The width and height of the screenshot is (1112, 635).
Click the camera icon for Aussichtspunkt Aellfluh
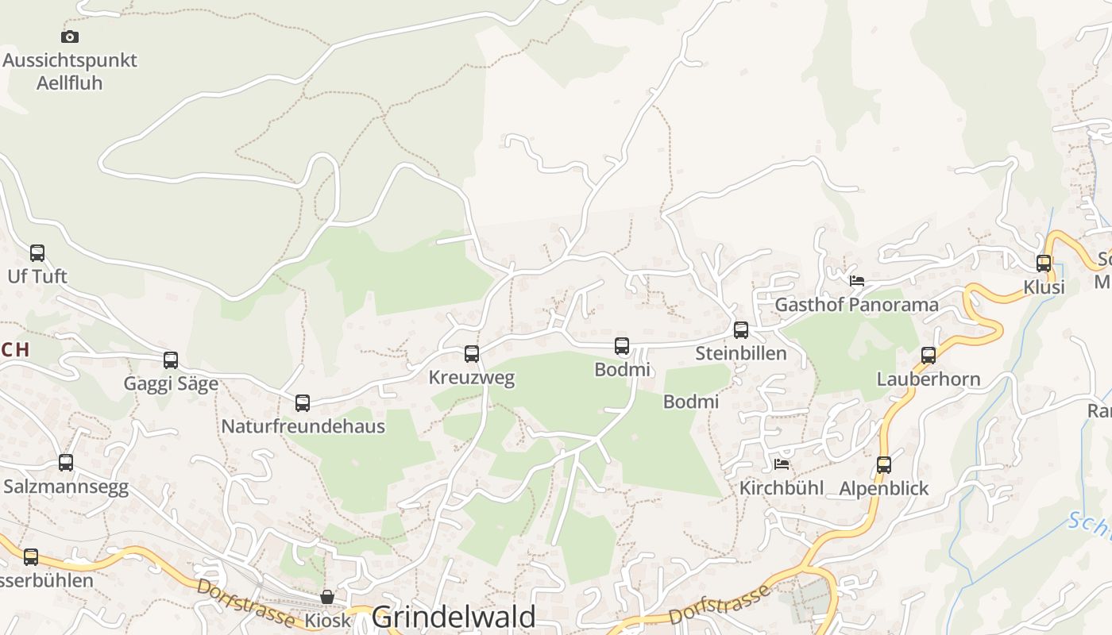point(70,37)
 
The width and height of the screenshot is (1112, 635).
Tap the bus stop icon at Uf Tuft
point(37,253)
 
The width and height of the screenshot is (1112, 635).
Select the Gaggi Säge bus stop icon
point(171,360)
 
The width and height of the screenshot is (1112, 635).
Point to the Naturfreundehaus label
point(303,426)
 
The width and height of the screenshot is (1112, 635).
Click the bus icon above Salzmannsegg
point(66,463)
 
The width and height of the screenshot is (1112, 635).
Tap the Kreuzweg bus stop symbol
point(472,354)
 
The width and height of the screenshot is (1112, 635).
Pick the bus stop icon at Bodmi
point(622,346)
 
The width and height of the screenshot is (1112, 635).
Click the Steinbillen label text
point(741,354)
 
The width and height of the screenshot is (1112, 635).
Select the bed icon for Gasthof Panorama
point(857,281)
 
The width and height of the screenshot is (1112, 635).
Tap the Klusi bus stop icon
point(1044,264)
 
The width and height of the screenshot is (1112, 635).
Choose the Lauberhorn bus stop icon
point(929,356)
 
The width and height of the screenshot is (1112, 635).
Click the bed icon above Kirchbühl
point(782,464)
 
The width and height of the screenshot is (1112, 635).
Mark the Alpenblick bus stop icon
point(884,465)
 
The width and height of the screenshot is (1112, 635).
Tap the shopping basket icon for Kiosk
point(327,597)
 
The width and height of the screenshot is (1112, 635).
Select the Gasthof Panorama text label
point(856,305)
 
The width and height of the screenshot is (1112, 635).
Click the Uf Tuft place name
point(37,277)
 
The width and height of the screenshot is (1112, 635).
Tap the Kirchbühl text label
point(782,488)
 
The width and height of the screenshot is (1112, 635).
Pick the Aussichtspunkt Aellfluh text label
point(70,71)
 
